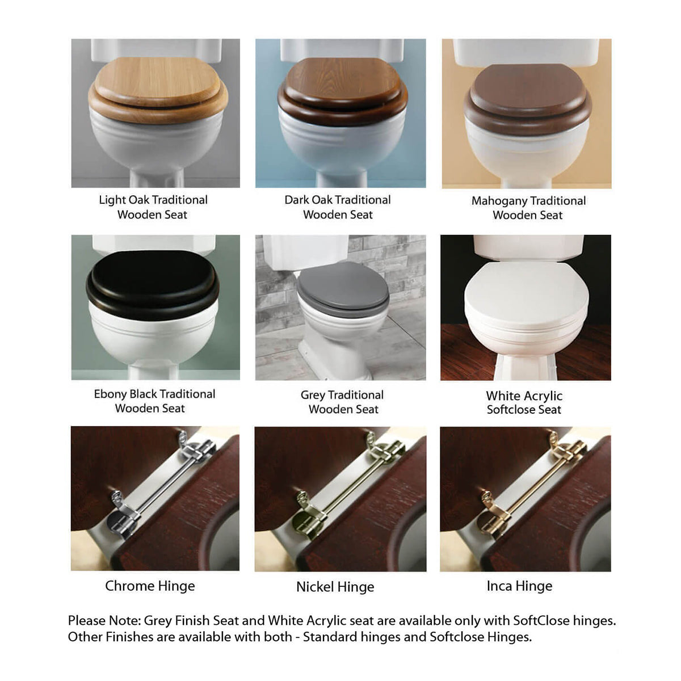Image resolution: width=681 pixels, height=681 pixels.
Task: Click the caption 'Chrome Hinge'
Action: coord(150,586)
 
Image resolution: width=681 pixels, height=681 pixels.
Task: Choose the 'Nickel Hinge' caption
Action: coord(335,587)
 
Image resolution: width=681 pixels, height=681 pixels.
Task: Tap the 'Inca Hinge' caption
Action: coord(519,586)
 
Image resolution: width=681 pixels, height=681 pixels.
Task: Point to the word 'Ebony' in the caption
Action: coord(110,394)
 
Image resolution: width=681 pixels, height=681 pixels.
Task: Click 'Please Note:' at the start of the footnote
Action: coord(104,621)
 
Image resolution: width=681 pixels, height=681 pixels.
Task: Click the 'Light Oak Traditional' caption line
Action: coord(153,200)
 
